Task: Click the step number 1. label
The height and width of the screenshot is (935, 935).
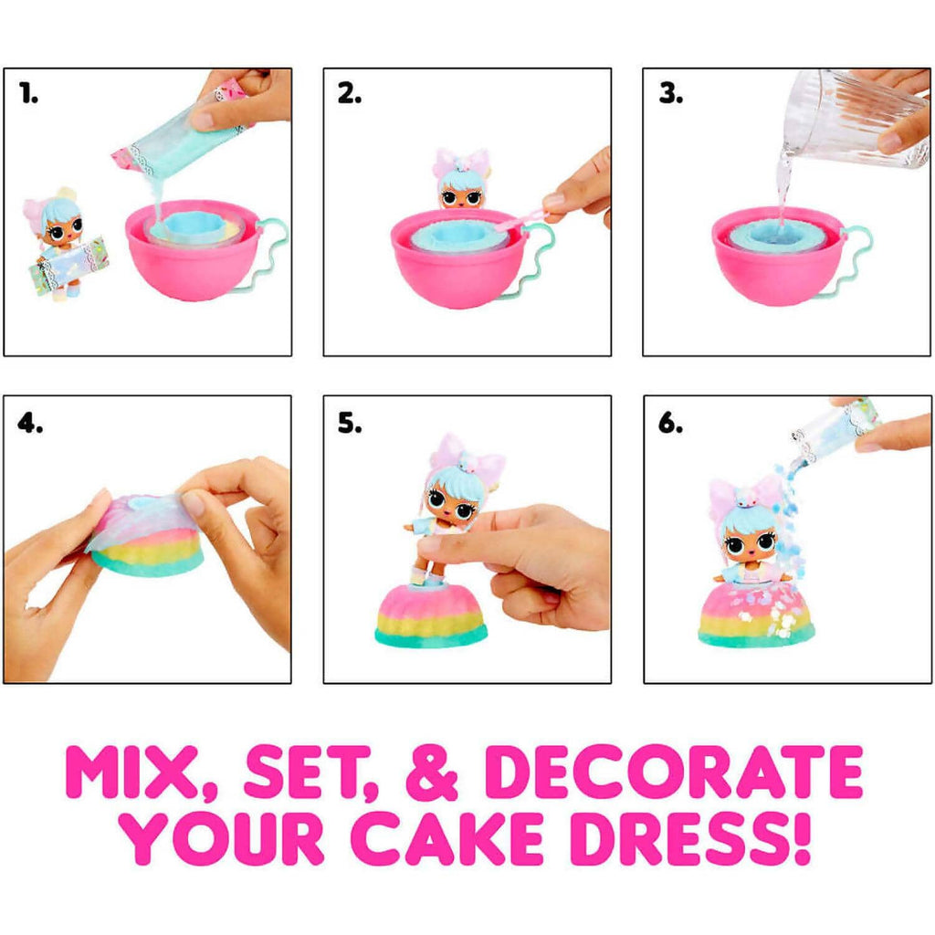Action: click(x=28, y=93)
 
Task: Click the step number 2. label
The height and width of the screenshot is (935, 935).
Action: click(x=350, y=93)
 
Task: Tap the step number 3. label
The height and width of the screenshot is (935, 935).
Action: click(x=671, y=93)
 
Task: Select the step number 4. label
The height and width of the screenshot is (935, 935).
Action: click(x=30, y=423)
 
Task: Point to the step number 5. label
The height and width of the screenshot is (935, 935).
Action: click(x=350, y=423)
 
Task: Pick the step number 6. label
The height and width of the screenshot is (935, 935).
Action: click(x=670, y=423)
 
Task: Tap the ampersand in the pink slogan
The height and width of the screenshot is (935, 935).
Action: click(x=432, y=772)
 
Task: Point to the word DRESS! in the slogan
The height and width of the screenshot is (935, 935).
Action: click(x=690, y=837)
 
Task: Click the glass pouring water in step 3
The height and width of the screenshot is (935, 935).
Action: click(x=856, y=120)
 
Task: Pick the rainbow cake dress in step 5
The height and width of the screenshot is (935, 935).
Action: click(x=431, y=615)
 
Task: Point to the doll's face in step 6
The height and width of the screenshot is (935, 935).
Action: click(x=749, y=546)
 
